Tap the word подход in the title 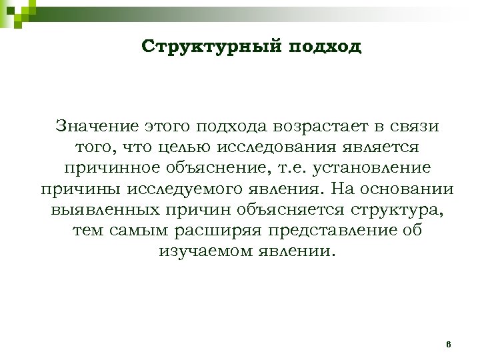326,47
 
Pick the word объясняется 290,210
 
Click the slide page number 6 449,344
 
